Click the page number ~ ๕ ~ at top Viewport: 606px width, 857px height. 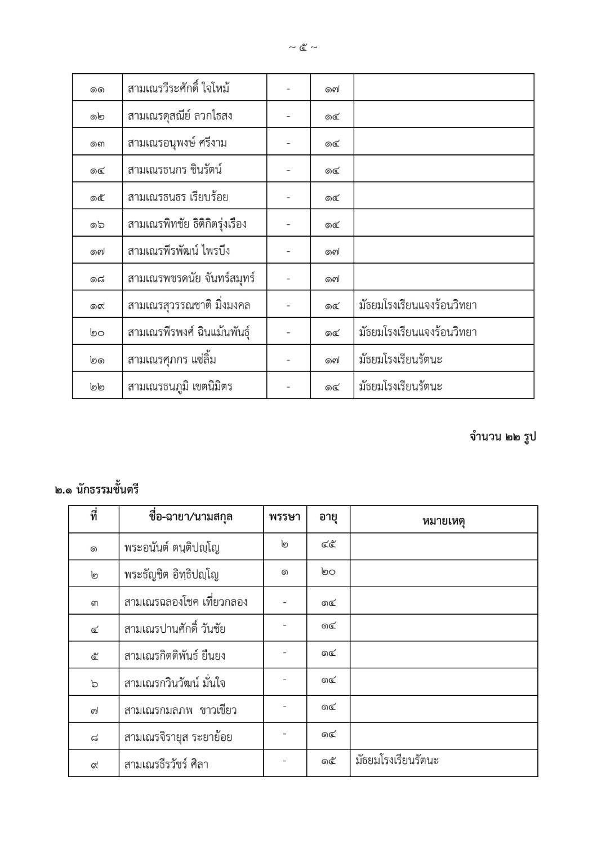[303, 47]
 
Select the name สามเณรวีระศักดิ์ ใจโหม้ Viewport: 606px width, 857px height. [179, 88]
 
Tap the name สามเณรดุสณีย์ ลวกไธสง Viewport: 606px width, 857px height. [180, 116]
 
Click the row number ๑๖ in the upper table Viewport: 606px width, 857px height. [97, 224]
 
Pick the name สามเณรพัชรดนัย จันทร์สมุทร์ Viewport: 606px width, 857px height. [191, 278]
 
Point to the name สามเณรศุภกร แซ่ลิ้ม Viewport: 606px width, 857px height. [172, 359]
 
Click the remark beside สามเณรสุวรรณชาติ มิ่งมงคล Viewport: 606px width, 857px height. [418, 305]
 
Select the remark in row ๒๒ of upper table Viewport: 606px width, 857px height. [400, 387]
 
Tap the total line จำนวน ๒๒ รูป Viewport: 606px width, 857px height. [502, 437]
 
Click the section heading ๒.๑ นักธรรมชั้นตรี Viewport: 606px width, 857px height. [97, 490]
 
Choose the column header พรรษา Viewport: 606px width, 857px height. [284, 517]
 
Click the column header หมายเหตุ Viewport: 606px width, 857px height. [443, 520]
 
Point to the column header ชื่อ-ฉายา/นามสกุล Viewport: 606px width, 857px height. [191, 517]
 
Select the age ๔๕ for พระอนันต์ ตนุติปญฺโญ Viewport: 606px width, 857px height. [328, 545]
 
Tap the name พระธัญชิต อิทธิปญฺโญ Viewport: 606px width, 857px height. [171, 575]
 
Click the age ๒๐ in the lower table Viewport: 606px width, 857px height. [328, 572]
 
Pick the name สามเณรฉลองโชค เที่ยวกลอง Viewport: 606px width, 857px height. [186, 602]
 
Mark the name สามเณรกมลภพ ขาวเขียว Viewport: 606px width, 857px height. [180, 710]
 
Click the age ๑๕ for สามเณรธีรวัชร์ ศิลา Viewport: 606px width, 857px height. [328, 761]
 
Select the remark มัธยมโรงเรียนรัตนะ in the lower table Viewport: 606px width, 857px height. [397, 761]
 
